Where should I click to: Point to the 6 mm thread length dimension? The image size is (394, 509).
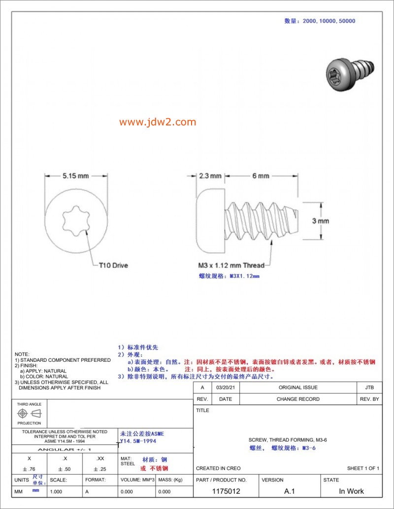coord(261,176)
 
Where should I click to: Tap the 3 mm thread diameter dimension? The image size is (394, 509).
coord(320,221)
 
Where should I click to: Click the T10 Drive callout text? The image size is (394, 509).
coord(113,265)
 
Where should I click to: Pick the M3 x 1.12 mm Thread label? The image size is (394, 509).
coord(231,265)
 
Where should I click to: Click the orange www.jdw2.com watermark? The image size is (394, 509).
coord(158,122)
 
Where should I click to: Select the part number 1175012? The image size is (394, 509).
coord(226,491)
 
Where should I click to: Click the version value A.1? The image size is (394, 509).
coord(290,491)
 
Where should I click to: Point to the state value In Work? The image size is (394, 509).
coord(351,491)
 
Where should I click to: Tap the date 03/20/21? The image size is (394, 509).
coord(226,387)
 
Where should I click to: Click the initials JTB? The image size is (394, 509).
coord(369,387)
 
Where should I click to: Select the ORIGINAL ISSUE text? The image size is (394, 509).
coord(298,387)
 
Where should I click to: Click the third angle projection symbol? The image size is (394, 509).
coord(29,414)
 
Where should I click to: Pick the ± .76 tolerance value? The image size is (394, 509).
coord(29,469)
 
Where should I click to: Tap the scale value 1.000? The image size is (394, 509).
coord(56,491)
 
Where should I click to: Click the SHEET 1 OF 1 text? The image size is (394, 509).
coord(363,468)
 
